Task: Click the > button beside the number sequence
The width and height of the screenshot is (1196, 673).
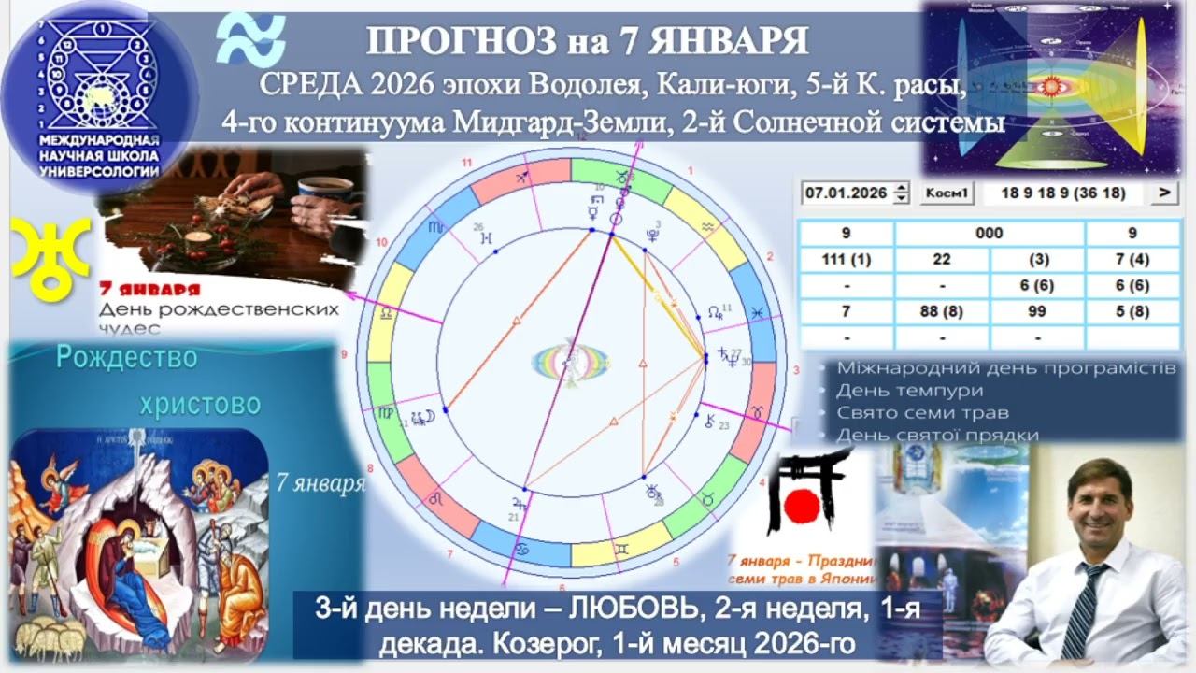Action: tap(1163, 193)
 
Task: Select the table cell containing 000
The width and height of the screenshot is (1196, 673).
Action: tap(990, 234)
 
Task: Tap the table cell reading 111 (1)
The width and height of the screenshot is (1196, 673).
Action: tap(847, 260)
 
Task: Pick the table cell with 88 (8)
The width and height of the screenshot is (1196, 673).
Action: tap(942, 311)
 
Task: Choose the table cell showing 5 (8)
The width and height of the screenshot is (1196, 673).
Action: tap(1132, 311)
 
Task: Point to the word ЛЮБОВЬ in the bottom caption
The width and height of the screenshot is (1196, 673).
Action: tap(623, 608)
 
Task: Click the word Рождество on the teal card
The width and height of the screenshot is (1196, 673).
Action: tap(127, 357)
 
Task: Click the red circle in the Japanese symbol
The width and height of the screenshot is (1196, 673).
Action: tap(801, 506)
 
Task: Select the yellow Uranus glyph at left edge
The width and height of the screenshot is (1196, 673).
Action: tap(49, 250)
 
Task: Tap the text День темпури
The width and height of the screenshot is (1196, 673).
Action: tap(897, 390)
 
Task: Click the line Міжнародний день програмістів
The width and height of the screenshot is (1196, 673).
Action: tap(1005, 367)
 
